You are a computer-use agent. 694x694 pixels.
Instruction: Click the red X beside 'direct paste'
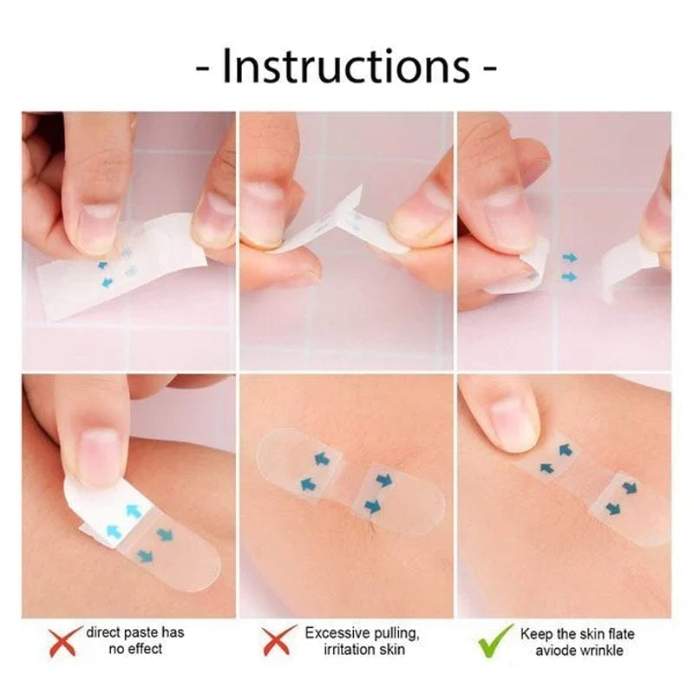tap(66, 641)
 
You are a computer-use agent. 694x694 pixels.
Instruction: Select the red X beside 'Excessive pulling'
tap(277, 641)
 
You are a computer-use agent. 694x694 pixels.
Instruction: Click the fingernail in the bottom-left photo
tap(99, 456)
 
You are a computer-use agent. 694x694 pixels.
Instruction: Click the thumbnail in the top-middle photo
tap(263, 201)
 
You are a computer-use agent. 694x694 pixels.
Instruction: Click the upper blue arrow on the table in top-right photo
tap(569, 258)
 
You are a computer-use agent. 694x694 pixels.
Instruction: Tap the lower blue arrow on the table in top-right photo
tap(569, 277)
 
